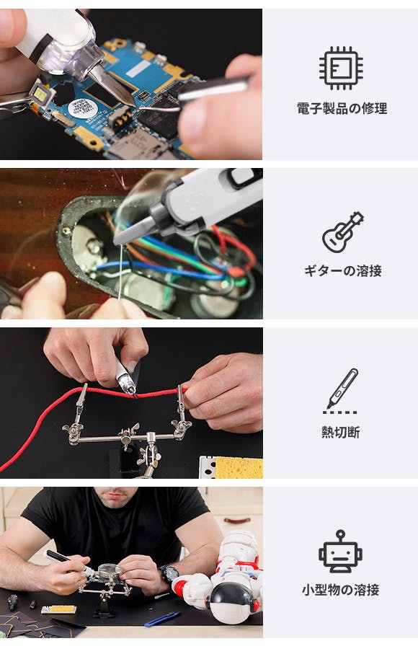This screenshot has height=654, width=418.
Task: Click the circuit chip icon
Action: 341,68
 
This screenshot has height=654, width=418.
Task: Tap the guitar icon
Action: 342,232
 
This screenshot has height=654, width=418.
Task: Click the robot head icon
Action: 340,551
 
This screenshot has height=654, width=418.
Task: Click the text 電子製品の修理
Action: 342,108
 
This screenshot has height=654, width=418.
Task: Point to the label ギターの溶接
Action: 342,270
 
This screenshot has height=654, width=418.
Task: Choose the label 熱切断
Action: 340,432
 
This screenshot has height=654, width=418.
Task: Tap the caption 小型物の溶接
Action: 340,590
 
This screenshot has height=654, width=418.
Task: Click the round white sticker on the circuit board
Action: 83,110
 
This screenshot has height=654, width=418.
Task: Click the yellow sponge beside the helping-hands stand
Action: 239,467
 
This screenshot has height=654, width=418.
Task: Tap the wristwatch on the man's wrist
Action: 169,574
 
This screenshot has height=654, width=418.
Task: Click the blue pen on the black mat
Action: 162,619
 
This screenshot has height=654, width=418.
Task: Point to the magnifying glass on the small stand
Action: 110,570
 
